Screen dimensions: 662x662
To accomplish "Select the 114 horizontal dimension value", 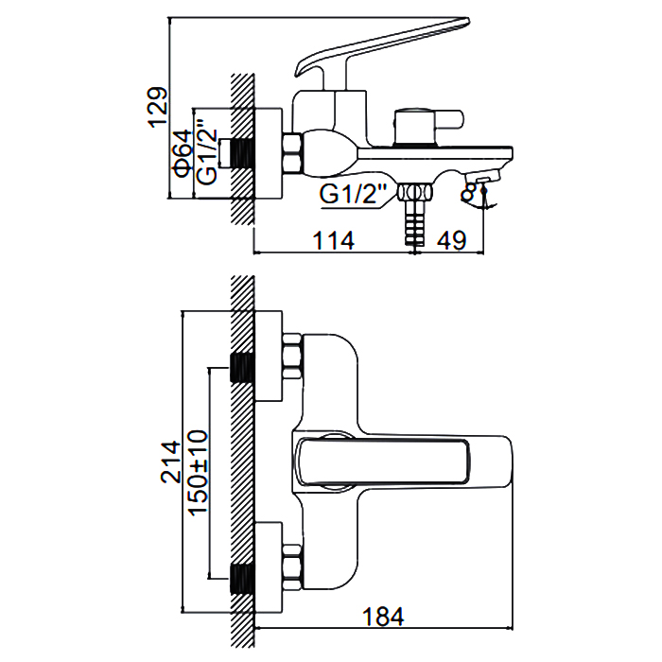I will click(x=333, y=240).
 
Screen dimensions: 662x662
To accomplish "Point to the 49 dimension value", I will click(x=451, y=240).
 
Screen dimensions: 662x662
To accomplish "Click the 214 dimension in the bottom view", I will click(x=170, y=462).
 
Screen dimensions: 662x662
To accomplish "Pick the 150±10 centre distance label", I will click(x=198, y=472).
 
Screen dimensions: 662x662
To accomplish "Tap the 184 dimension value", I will click(x=383, y=617).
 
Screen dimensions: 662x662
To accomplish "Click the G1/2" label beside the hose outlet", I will click(x=355, y=196).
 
